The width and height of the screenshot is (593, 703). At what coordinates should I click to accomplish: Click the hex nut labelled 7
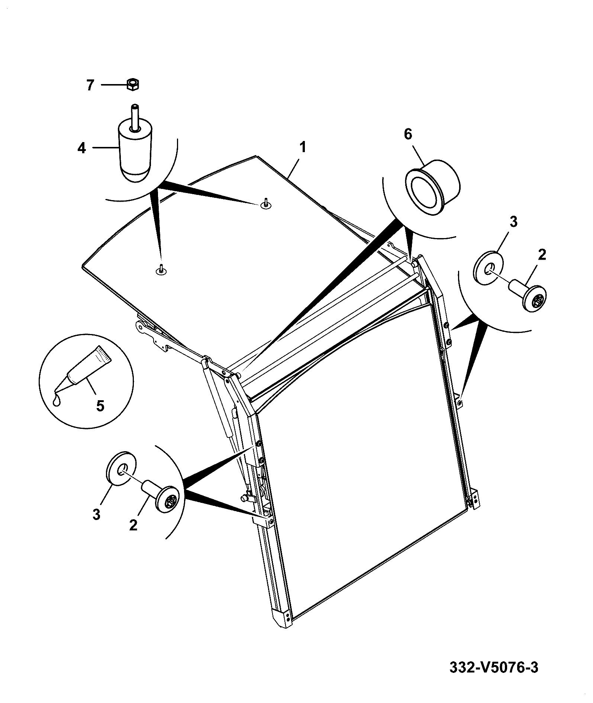[133, 84]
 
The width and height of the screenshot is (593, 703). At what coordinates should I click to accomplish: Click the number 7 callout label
[90, 85]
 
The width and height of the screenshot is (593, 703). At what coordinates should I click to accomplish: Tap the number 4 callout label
[81, 148]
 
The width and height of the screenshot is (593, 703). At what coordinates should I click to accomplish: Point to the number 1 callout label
[303, 147]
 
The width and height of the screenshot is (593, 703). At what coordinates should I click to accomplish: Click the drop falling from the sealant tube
[57, 401]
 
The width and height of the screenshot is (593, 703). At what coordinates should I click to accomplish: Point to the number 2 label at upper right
[542, 255]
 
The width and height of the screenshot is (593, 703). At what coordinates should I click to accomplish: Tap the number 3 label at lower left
[96, 514]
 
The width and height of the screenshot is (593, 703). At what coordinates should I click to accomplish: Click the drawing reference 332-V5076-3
[494, 667]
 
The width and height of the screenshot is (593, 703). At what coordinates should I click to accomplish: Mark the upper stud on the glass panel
[265, 203]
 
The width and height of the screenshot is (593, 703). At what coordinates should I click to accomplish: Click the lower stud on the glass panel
[161, 269]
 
